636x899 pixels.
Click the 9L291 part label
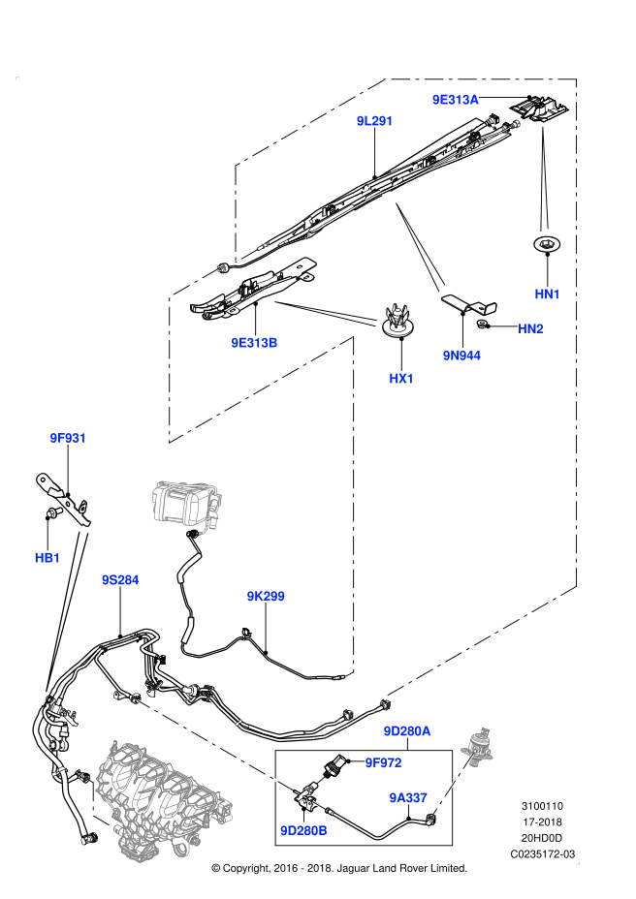pos(374,121)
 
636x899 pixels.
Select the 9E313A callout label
pos(456,99)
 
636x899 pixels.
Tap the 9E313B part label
pos(254,342)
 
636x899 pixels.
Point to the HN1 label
pos(548,294)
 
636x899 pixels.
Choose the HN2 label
pos(530,329)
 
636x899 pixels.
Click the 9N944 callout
pos(462,356)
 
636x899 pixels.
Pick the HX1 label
pos(401,379)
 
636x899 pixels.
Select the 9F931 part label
pos(69,438)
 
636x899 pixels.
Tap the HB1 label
pos(48,558)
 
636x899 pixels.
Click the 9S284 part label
pos(121,580)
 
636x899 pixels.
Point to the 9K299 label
pos(266,597)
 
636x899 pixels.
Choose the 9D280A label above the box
pos(406,731)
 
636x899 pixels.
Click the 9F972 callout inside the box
pos(383,762)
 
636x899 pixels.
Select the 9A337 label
pos(408,797)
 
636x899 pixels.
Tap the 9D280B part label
pos(303,830)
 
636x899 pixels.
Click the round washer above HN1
pos(548,244)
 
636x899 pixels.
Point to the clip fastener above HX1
pos(396,318)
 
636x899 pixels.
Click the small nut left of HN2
pos(495,327)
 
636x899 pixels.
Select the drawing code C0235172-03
pos(543,853)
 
